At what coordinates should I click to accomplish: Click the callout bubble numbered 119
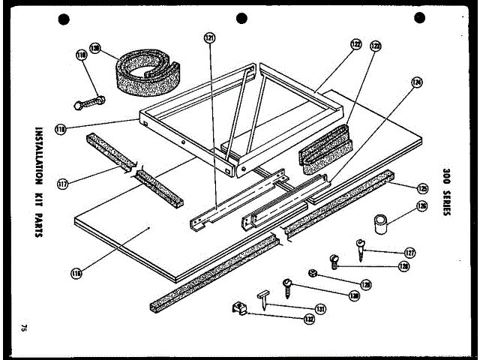click(x=82, y=54)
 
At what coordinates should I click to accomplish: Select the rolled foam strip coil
click(x=145, y=71)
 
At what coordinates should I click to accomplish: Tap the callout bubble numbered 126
click(x=421, y=207)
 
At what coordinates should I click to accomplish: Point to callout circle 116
click(x=76, y=274)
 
